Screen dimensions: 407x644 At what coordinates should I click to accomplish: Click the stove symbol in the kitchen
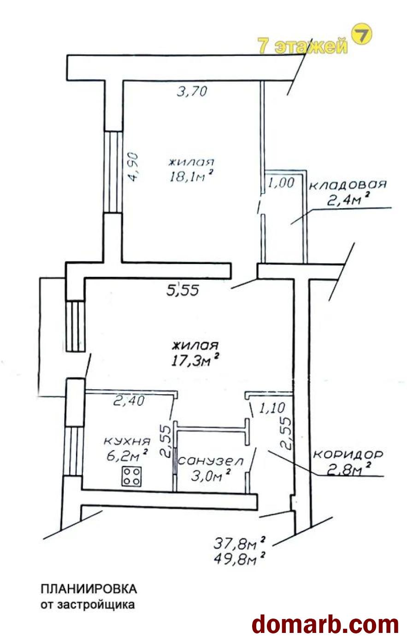[x=132, y=477]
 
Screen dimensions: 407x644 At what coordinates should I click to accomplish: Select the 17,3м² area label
[x=195, y=360]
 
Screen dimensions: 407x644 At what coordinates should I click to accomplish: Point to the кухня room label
[x=127, y=441]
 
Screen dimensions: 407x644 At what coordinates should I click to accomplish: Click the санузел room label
[x=211, y=461]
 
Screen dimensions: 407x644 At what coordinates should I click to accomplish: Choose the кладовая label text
[x=348, y=185]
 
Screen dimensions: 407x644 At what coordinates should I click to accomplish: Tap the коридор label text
[x=348, y=455]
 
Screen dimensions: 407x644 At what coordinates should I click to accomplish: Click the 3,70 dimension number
[x=192, y=92]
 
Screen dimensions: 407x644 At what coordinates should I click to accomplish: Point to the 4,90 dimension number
[x=134, y=167]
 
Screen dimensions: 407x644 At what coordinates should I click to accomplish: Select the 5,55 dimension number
[x=183, y=290]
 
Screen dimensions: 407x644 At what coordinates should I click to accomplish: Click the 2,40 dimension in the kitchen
[x=129, y=401]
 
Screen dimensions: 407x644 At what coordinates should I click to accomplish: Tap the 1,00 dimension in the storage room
[x=281, y=183]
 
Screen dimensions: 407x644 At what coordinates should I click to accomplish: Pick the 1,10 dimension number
[x=272, y=408]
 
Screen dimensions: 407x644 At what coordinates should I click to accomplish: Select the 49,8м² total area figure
[x=239, y=559]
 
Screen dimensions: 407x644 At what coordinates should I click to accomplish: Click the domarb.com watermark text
[x=325, y=622]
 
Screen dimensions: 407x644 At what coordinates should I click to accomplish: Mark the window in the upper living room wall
[x=113, y=172]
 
